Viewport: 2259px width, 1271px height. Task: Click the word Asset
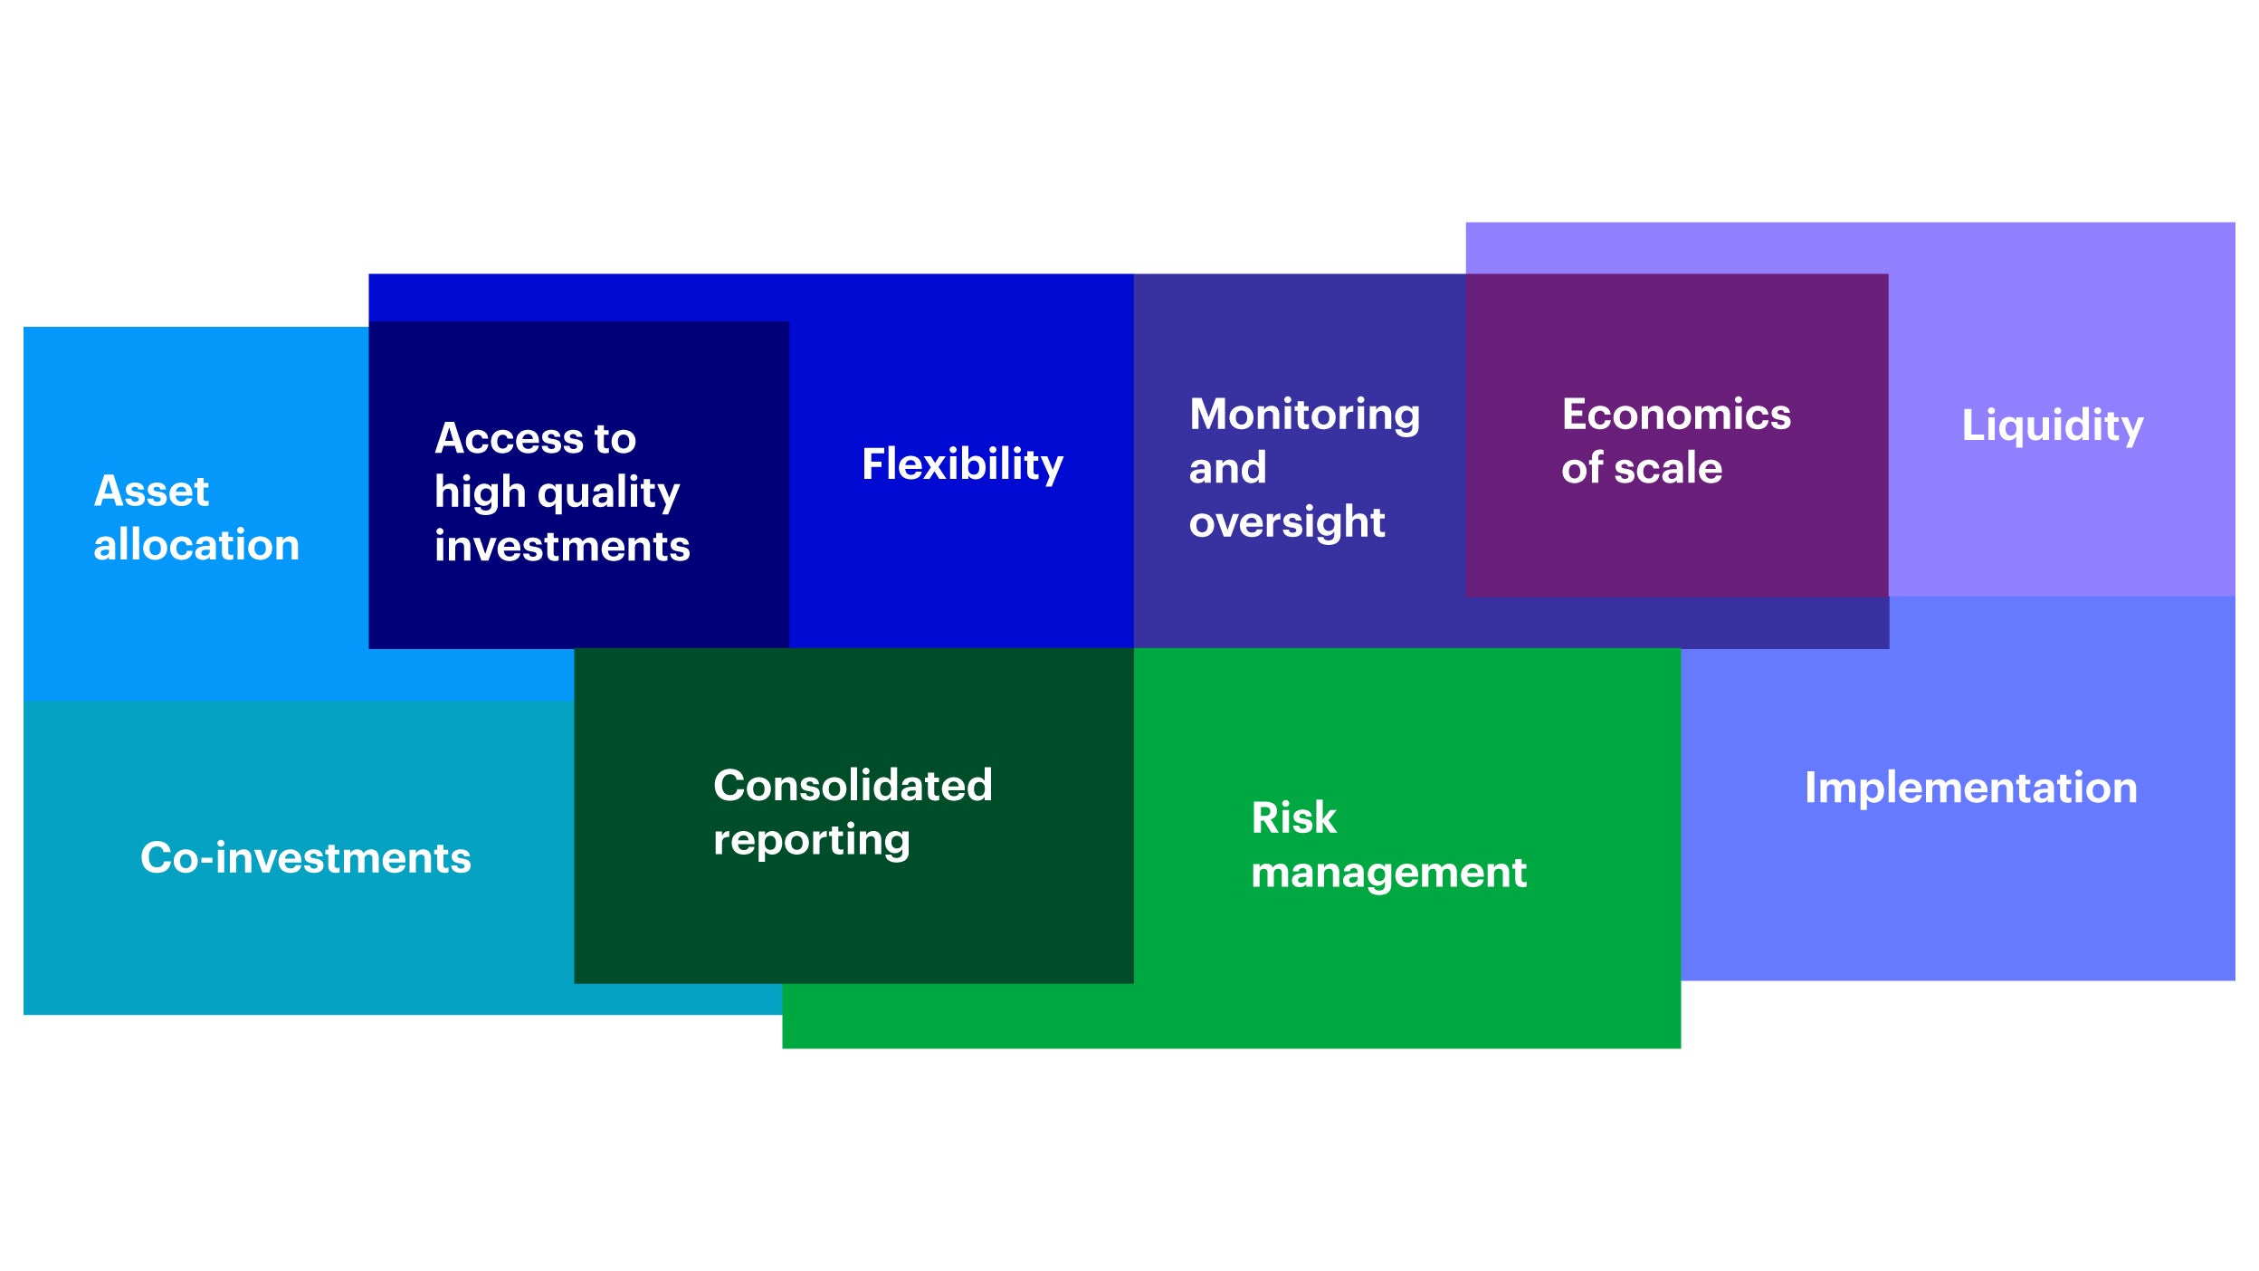(x=151, y=492)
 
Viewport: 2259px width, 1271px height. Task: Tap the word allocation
(x=196, y=545)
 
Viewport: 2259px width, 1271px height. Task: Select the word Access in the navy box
(x=510, y=439)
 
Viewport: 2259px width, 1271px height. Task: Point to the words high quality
(x=557, y=494)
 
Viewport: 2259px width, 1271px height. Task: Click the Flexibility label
(x=962, y=465)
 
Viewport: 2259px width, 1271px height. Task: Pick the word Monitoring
(x=1304, y=416)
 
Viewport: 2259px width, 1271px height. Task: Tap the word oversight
(x=1286, y=523)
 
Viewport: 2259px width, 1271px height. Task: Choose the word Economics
(x=1676, y=415)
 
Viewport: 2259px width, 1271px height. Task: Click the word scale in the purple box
(x=1668, y=468)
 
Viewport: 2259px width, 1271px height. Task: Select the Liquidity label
(x=2052, y=426)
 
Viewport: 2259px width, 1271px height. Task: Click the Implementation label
(x=1970, y=788)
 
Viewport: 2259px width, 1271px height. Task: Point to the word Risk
(x=1293, y=818)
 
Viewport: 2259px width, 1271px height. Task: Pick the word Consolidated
(x=853, y=786)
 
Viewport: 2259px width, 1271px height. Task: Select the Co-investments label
(x=306, y=858)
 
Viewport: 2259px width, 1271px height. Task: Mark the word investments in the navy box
(x=562, y=547)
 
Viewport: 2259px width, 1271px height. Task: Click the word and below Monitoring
(x=1227, y=469)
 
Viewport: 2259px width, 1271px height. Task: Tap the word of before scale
(x=1582, y=468)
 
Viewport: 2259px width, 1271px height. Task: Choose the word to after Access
(x=615, y=440)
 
